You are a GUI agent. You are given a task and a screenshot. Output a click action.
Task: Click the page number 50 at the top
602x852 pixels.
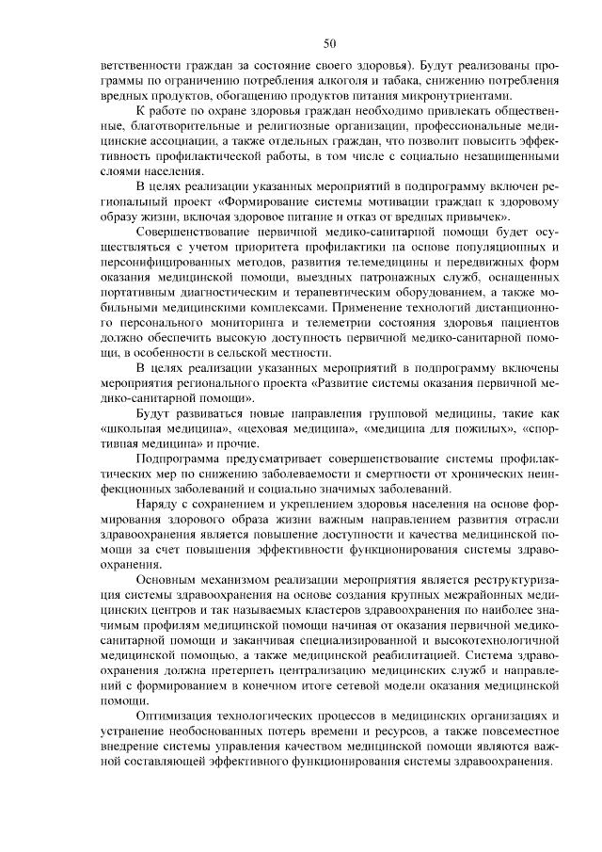click(x=329, y=43)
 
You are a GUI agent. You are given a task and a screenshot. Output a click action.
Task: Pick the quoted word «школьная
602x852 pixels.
click(x=134, y=428)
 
